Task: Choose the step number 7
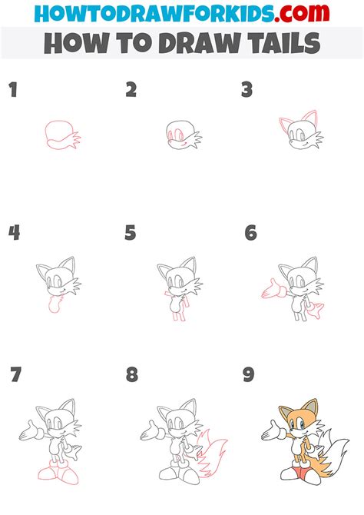(15, 376)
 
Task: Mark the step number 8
(132, 376)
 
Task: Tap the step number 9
(248, 376)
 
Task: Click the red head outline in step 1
(57, 133)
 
